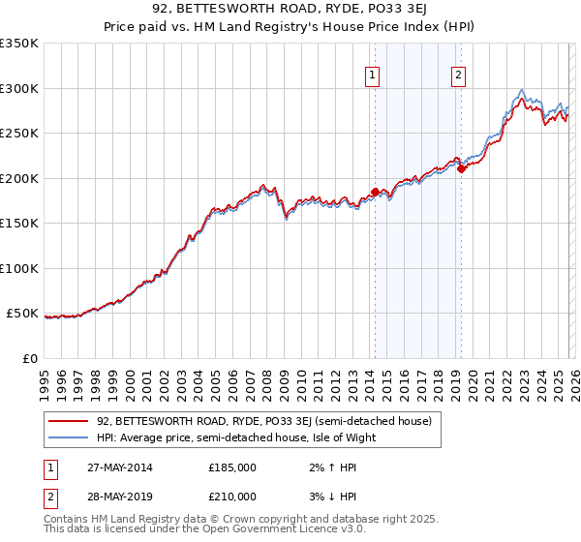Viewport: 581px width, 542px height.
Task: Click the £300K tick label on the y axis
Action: pyautogui.click(x=19, y=88)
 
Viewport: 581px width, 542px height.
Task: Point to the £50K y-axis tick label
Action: pyautogui.click(x=22, y=314)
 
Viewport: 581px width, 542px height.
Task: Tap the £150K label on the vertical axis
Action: pyautogui.click(x=19, y=224)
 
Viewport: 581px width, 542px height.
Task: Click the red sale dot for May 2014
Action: pyautogui.click(x=376, y=192)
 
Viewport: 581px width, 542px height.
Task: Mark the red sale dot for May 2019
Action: pyautogui.click(x=462, y=169)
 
